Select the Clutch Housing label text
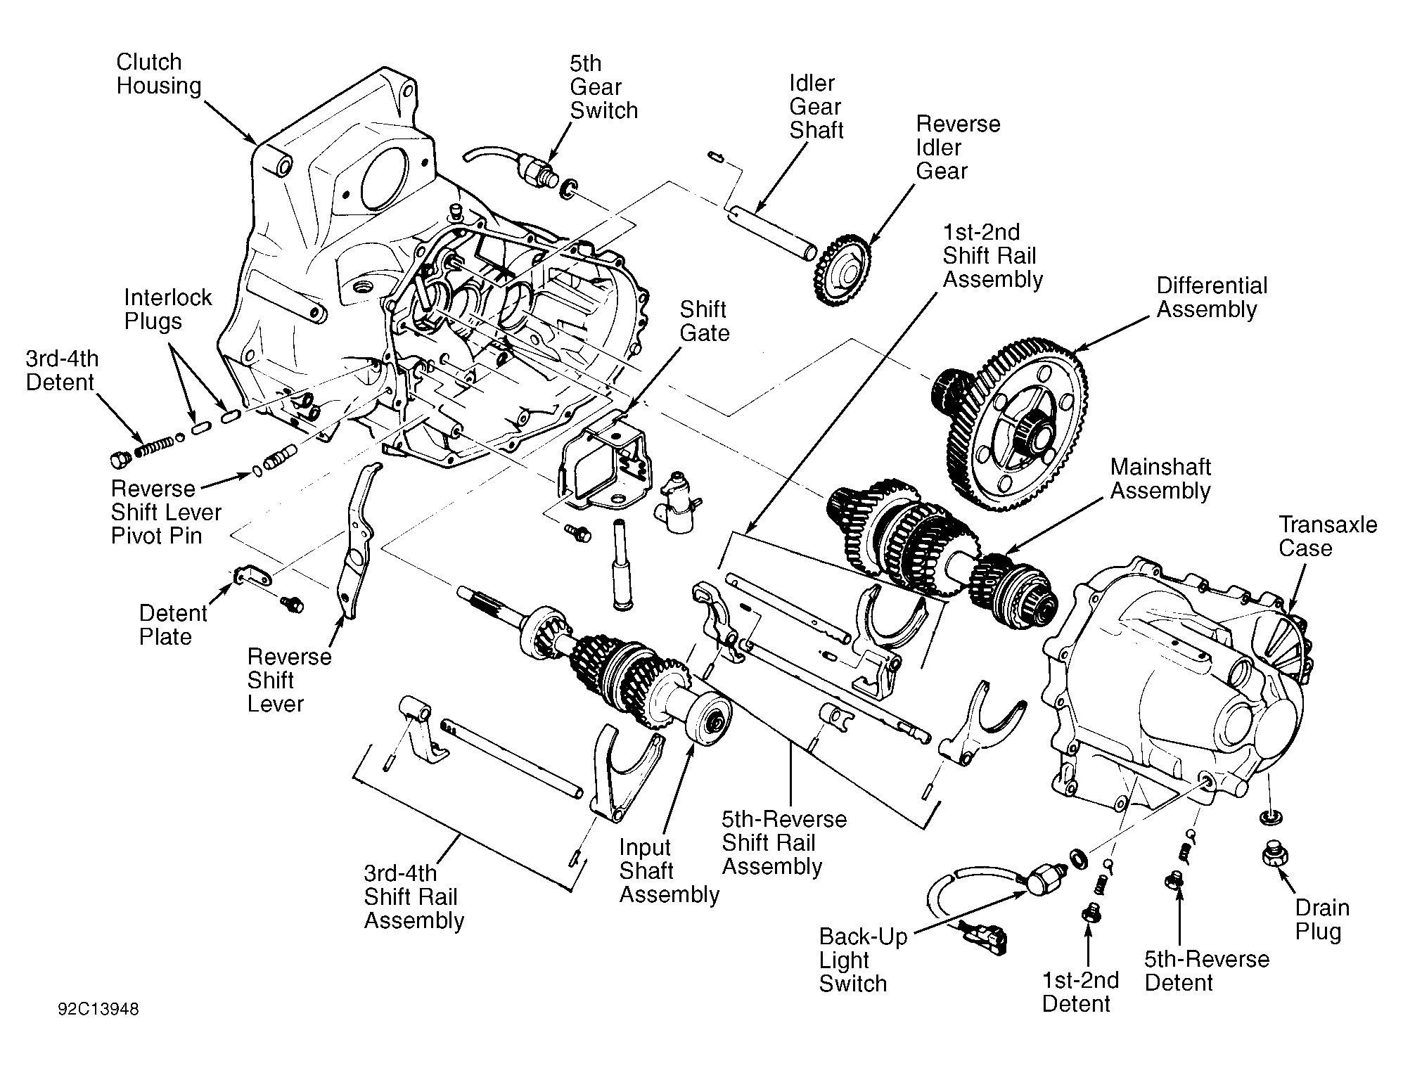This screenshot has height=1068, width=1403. [x=159, y=74]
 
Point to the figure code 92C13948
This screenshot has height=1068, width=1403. [x=98, y=1010]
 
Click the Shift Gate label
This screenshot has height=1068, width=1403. [x=704, y=321]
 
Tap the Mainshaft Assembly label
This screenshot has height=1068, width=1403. [x=1160, y=479]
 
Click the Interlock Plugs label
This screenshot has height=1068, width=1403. [x=167, y=309]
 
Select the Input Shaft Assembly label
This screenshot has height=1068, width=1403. [x=669, y=871]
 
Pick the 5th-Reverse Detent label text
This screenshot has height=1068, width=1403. [x=1207, y=971]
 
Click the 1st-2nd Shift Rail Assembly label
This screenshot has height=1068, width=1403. [x=992, y=256]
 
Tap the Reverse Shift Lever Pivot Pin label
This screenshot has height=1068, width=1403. [x=166, y=513]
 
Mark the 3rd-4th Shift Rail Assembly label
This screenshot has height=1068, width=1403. [x=414, y=897]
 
